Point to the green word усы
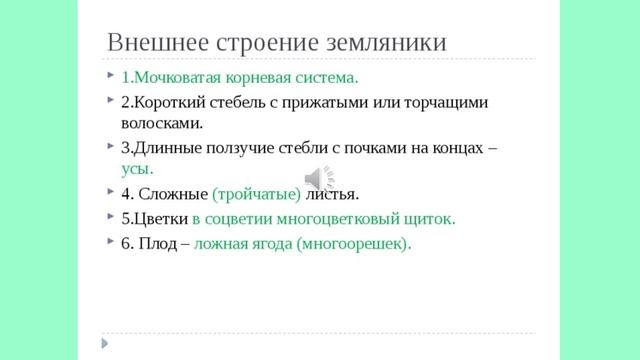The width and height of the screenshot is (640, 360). click(x=137, y=169)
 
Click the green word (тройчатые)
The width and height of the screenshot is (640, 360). click(x=257, y=193)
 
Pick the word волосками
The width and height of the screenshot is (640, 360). click(x=162, y=123)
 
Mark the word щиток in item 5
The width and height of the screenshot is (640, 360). click(x=429, y=218)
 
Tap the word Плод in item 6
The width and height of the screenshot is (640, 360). click(x=159, y=243)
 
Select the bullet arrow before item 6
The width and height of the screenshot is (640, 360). click(x=107, y=242)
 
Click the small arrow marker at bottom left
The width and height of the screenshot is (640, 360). click(x=105, y=343)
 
